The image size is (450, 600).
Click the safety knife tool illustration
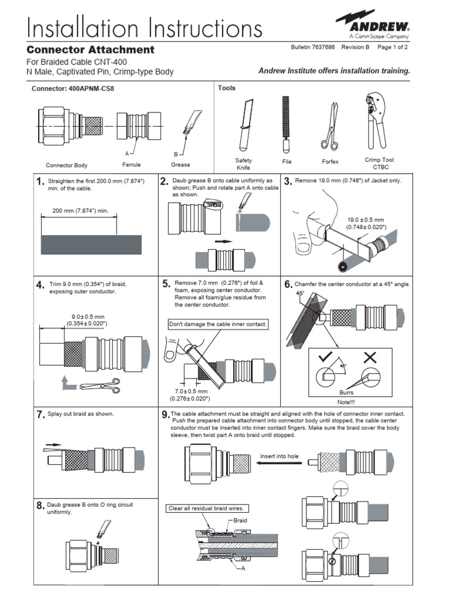click(244, 125)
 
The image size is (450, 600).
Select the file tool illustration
click(285, 124)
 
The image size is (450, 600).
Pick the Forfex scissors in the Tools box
click(329, 125)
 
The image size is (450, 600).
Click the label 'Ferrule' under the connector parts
click(131, 165)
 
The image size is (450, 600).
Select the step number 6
click(288, 284)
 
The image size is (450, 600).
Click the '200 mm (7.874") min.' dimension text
click(80, 210)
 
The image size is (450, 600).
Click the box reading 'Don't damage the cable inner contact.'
click(218, 324)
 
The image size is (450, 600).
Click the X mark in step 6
click(370, 357)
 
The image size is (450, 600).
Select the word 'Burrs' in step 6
click(346, 393)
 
